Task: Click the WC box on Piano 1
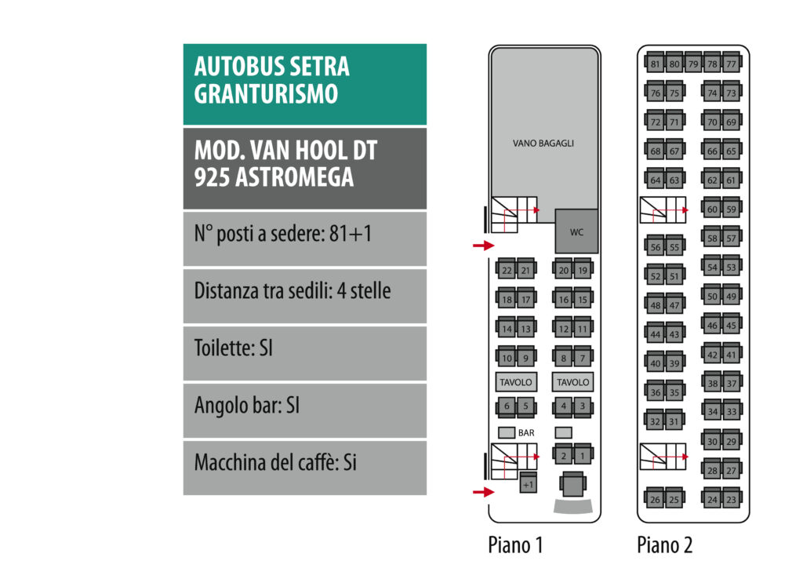pos(576,231)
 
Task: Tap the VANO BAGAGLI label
pos(543,144)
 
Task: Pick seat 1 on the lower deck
pos(583,455)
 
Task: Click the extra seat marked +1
pos(528,483)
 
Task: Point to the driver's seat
pos(573,484)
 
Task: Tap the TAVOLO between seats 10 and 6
pos(516,382)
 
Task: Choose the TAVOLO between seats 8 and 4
pos(573,382)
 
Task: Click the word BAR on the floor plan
pos(526,433)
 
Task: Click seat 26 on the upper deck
pos(655,499)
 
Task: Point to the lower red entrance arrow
pos(483,492)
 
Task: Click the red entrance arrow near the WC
pos(483,246)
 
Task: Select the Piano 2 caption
pos(664,545)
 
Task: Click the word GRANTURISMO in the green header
pos(266,93)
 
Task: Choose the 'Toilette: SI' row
pos(305,353)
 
